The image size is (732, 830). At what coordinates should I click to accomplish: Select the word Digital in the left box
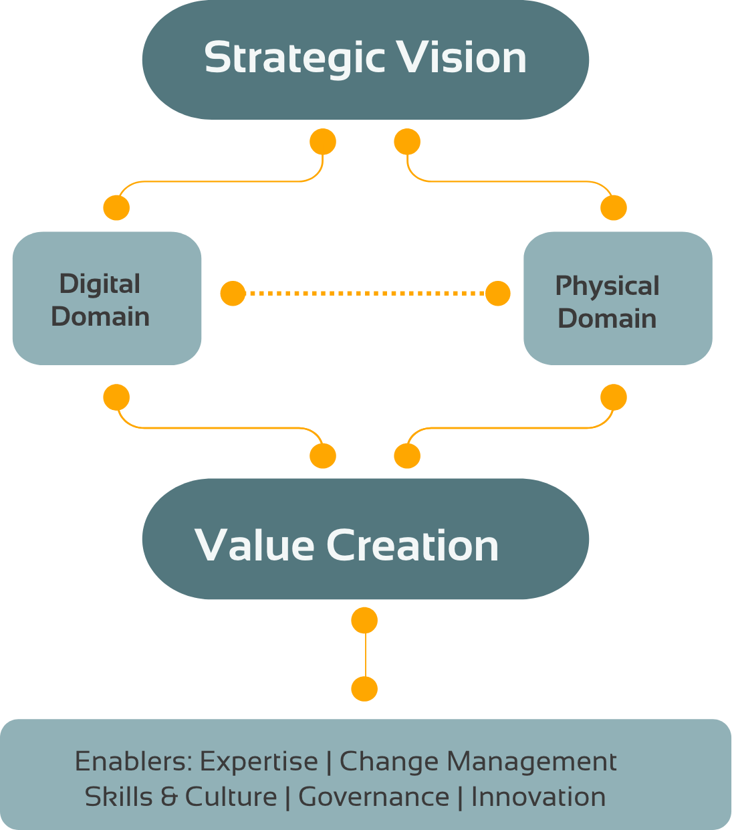point(100,284)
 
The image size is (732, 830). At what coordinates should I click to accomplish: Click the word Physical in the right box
point(607,286)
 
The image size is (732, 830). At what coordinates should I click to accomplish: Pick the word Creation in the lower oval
point(412,545)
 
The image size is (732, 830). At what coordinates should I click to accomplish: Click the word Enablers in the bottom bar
point(133,761)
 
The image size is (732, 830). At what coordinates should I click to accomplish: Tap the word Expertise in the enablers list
point(259,761)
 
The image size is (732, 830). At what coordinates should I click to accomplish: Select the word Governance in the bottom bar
point(374,797)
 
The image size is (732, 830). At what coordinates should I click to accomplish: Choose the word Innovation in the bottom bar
point(538,797)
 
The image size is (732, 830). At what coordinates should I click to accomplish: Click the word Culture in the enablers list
point(231,797)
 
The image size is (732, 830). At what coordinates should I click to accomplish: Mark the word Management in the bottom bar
point(531,761)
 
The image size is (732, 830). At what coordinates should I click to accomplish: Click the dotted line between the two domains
point(365,293)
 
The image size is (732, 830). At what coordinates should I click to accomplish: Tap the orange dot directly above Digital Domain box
point(116,208)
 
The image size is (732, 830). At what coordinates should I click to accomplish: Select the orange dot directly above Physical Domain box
point(614,208)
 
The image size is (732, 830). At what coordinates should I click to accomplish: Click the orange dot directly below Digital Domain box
point(116,397)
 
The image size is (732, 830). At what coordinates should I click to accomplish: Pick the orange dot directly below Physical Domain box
point(614,397)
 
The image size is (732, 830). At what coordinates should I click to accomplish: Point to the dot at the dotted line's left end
point(233,293)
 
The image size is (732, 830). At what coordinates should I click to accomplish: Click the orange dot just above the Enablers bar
point(364,688)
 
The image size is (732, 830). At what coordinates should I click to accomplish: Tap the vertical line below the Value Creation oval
point(365,655)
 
